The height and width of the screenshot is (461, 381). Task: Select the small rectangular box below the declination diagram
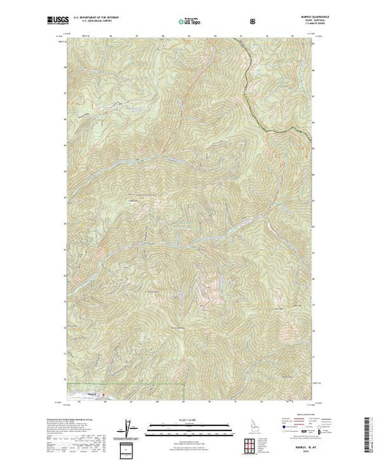pyautogui.click(x=129, y=447)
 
